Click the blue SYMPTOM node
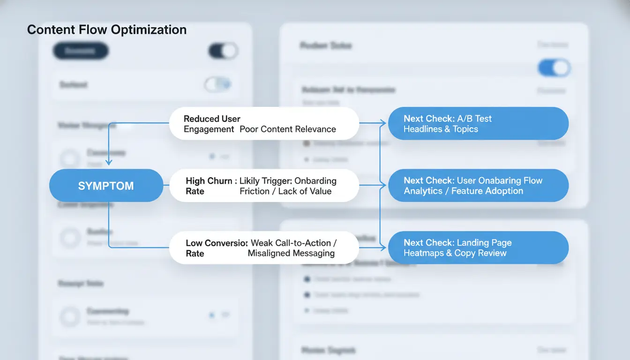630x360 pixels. [106, 186]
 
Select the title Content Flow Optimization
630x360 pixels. [107, 30]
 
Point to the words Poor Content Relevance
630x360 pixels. [288, 129]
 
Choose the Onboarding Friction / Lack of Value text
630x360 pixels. [288, 186]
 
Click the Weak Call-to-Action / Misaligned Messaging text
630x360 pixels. [292, 248]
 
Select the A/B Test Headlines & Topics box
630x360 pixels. [478, 124]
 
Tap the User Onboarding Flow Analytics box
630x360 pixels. [478, 186]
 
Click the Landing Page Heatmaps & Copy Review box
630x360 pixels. [478, 248]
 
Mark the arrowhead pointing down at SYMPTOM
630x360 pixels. [109, 162]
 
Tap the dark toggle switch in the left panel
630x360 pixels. [223, 51]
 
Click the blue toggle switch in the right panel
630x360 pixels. [554, 68]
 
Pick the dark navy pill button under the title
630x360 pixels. [81, 51]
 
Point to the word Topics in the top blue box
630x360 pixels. [465, 129]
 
